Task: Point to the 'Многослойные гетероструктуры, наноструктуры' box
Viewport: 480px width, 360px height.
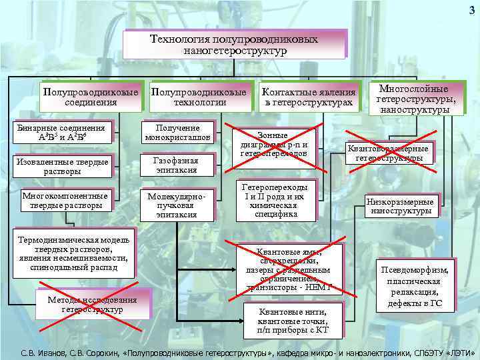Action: pos(418,99)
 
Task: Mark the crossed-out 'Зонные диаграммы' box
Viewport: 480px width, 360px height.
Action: pos(273,144)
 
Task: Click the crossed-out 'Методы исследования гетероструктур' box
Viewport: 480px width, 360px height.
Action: pos(93,304)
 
